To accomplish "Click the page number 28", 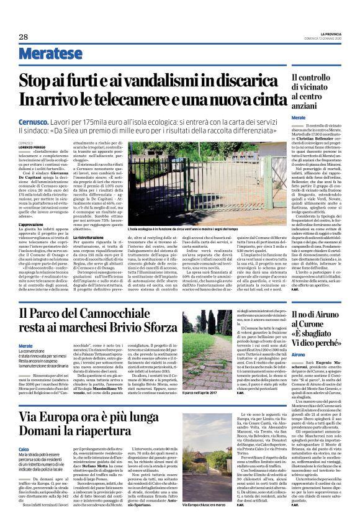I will coord(23,36).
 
